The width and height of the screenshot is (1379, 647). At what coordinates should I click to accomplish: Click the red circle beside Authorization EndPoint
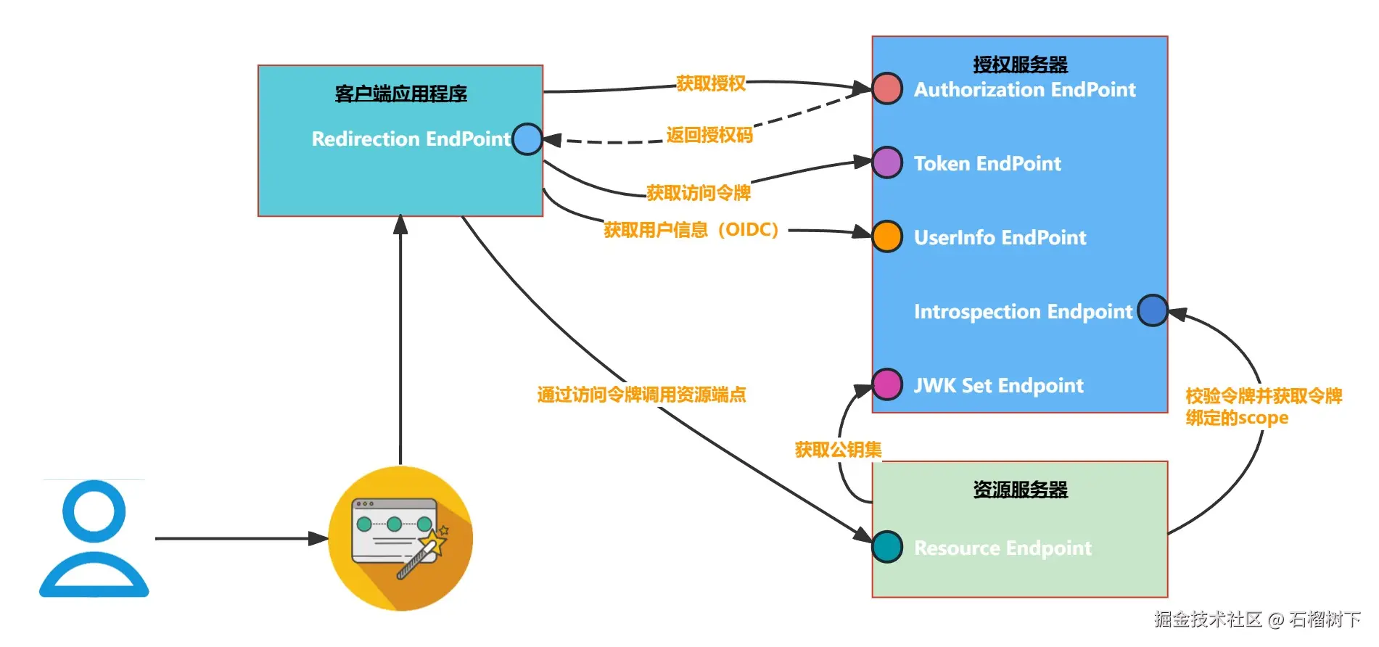887,88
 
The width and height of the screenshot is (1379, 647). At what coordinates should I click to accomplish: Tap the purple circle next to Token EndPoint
887,162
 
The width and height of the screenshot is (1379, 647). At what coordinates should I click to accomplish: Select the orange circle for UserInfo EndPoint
887,236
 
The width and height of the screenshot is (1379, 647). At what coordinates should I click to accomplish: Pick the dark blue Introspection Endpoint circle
1152,310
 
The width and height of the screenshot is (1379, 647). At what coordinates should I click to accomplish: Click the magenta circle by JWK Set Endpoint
887,384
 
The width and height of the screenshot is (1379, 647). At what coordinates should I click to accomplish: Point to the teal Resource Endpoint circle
887,547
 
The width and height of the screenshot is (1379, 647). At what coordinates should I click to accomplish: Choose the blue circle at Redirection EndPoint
527,139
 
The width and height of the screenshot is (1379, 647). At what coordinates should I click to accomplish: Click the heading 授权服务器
1020,65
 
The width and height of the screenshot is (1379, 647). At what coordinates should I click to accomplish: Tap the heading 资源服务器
1020,490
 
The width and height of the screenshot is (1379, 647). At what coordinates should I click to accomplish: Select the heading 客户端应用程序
400,94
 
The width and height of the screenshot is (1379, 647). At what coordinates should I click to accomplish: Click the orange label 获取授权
710,83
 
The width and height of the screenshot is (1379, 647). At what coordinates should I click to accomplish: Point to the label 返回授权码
709,135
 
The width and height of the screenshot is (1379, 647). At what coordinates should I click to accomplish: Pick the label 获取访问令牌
698,193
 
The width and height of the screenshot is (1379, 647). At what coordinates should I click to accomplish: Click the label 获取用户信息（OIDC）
691,230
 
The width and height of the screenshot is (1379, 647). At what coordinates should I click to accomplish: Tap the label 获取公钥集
838,450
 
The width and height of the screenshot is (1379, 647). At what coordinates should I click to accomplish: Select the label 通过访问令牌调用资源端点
641,395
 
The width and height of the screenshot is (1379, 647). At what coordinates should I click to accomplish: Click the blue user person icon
94,538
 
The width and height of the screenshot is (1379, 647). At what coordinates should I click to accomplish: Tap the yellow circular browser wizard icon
400,538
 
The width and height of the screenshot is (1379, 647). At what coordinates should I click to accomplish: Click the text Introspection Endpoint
1022,311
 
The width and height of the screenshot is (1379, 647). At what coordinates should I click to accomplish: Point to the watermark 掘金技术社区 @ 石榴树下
1257,619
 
